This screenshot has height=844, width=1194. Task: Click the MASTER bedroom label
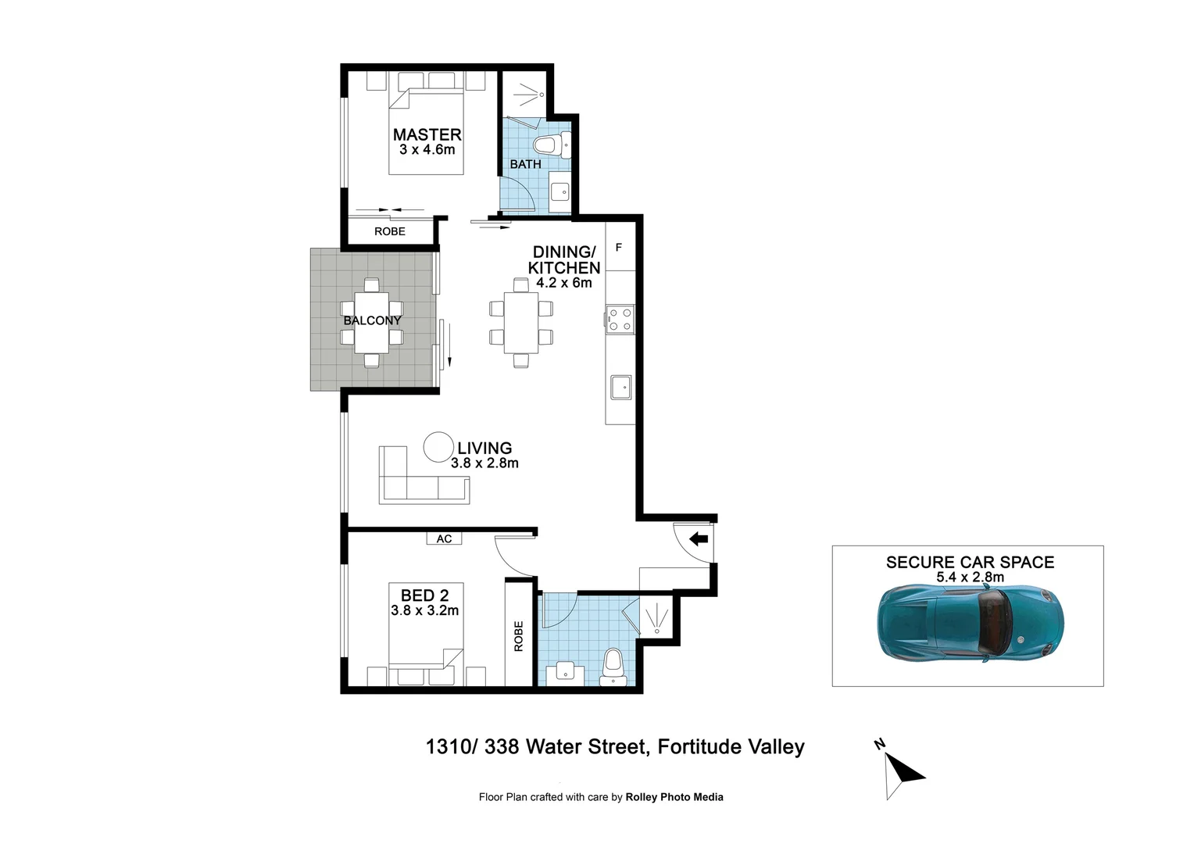[x=427, y=135]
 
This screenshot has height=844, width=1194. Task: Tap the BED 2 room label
[x=424, y=595]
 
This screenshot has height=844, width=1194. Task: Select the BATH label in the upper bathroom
[x=525, y=164]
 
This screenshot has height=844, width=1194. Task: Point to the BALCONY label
[x=372, y=320]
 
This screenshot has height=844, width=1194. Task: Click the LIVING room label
[x=484, y=448]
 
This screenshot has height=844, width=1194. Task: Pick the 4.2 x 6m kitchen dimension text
[x=563, y=283]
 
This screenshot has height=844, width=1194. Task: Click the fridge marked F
[x=620, y=248]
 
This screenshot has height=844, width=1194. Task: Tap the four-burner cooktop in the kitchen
[x=620, y=320]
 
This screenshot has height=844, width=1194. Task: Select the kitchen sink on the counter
[x=620, y=387]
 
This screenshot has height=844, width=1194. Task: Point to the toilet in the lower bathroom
[x=613, y=665]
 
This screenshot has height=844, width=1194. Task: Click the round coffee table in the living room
[x=438, y=447]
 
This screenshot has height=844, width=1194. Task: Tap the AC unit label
[x=444, y=538]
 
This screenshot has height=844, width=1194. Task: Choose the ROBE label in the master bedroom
[x=389, y=231]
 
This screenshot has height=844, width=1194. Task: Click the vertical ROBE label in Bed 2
[x=518, y=636]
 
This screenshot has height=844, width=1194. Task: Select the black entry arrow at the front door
[x=699, y=538]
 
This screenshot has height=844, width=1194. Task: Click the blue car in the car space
[x=969, y=623]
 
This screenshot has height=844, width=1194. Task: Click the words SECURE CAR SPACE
[x=970, y=562]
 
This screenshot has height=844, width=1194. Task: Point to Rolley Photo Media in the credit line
[x=674, y=797]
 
